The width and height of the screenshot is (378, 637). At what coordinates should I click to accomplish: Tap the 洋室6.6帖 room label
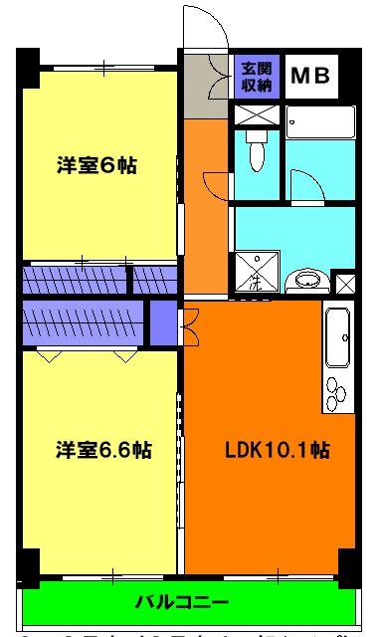click(x=103, y=450)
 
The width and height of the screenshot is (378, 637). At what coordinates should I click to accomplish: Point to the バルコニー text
click(x=182, y=602)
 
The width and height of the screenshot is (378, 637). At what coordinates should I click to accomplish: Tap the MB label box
click(x=311, y=76)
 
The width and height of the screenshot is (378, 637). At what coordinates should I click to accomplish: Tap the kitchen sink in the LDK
click(x=338, y=338)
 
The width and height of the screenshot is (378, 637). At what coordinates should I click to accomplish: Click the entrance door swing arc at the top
click(x=204, y=25)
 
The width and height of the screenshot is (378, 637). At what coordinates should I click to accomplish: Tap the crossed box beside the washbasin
click(x=345, y=283)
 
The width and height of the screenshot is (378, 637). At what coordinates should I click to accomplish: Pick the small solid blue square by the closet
click(x=162, y=320)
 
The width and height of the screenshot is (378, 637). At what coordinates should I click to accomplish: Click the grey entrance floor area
click(x=207, y=86)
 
